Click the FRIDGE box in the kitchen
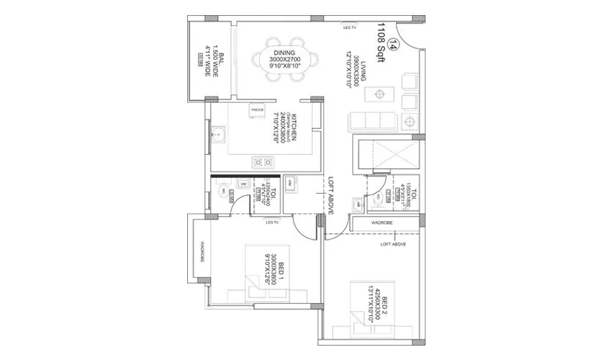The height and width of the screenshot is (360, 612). [x=257, y=109]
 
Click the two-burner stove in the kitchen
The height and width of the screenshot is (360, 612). [x=261, y=162]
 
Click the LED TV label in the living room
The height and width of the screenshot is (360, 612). [x=350, y=27]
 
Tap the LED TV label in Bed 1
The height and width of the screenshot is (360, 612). [x=273, y=222]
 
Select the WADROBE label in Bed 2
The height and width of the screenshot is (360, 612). [x=382, y=223]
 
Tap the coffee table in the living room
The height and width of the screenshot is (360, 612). [x=378, y=94]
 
